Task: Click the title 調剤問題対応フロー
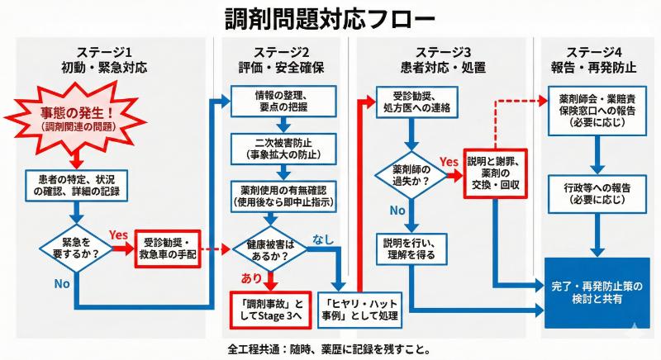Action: pyautogui.click(x=330, y=18)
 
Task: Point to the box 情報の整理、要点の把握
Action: pyautogui.click(x=282, y=102)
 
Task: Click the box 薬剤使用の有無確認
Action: pyautogui.click(x=282, y=196)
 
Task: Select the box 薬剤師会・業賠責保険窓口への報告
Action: pyautogui.click(x=594, y=107)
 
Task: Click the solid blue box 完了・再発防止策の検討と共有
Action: pyautogui.click(x=595, y=291)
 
